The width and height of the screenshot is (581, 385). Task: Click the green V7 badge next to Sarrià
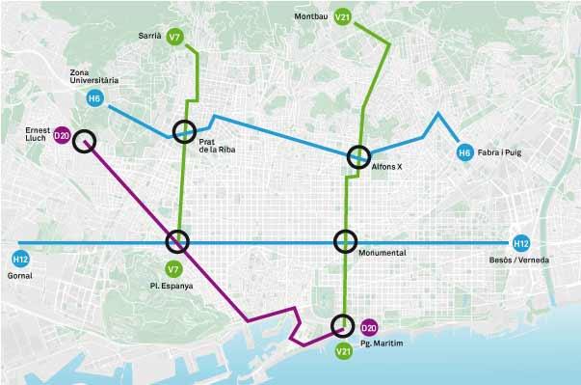174,37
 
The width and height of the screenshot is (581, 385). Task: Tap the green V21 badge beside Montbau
342,16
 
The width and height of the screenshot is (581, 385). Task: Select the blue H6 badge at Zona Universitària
93,98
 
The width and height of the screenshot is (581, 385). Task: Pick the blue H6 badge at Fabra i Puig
463,152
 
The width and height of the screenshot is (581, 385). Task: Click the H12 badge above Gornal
19,259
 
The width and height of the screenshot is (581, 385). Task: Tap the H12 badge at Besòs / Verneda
521,244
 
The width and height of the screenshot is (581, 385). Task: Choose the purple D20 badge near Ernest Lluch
62,137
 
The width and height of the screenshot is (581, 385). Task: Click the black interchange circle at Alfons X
358,156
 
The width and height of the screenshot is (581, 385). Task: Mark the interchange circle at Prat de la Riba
184,132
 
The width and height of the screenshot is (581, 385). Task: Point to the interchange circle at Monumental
345,241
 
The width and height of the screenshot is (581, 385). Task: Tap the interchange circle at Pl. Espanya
178,241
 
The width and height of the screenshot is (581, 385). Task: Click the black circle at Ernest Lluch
85,141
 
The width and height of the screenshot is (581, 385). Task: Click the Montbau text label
308,16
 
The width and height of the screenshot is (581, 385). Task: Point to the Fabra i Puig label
498,152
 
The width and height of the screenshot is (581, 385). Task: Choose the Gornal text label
19,275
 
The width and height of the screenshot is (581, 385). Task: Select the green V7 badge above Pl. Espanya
174,268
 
